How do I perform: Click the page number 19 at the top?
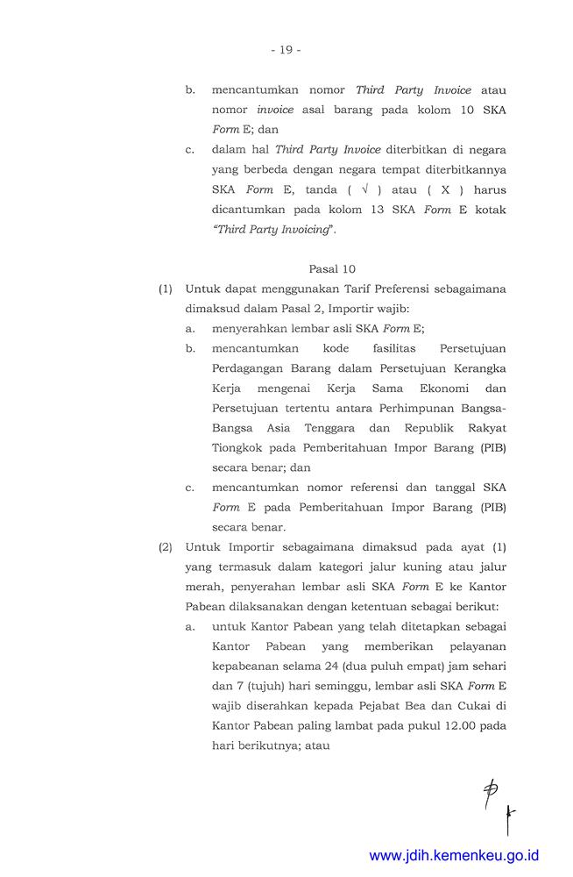pos(286,50)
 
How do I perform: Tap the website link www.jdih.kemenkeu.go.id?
pos(455,855)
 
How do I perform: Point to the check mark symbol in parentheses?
pos(364,189)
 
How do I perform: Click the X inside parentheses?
pos(443,189)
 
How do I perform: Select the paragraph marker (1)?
pos(166,289)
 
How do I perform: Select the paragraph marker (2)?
pos(166,547)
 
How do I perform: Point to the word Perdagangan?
pos(251,367)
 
